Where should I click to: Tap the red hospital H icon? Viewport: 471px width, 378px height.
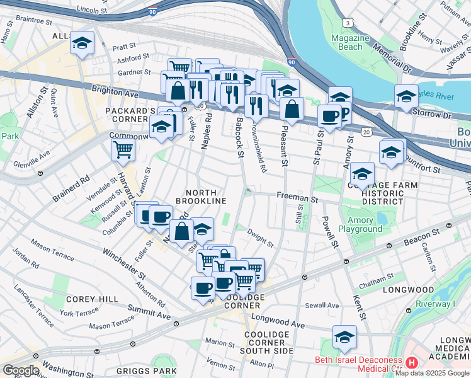[x=411, y=362]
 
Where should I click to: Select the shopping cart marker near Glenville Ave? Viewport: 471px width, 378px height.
[x=123, y=150]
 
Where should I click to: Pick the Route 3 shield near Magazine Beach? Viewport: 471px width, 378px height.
[x=347, y=23]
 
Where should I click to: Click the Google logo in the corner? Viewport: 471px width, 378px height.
[x=21, y=370]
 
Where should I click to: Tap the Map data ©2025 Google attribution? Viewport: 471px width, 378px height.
[x=433, y=373]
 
